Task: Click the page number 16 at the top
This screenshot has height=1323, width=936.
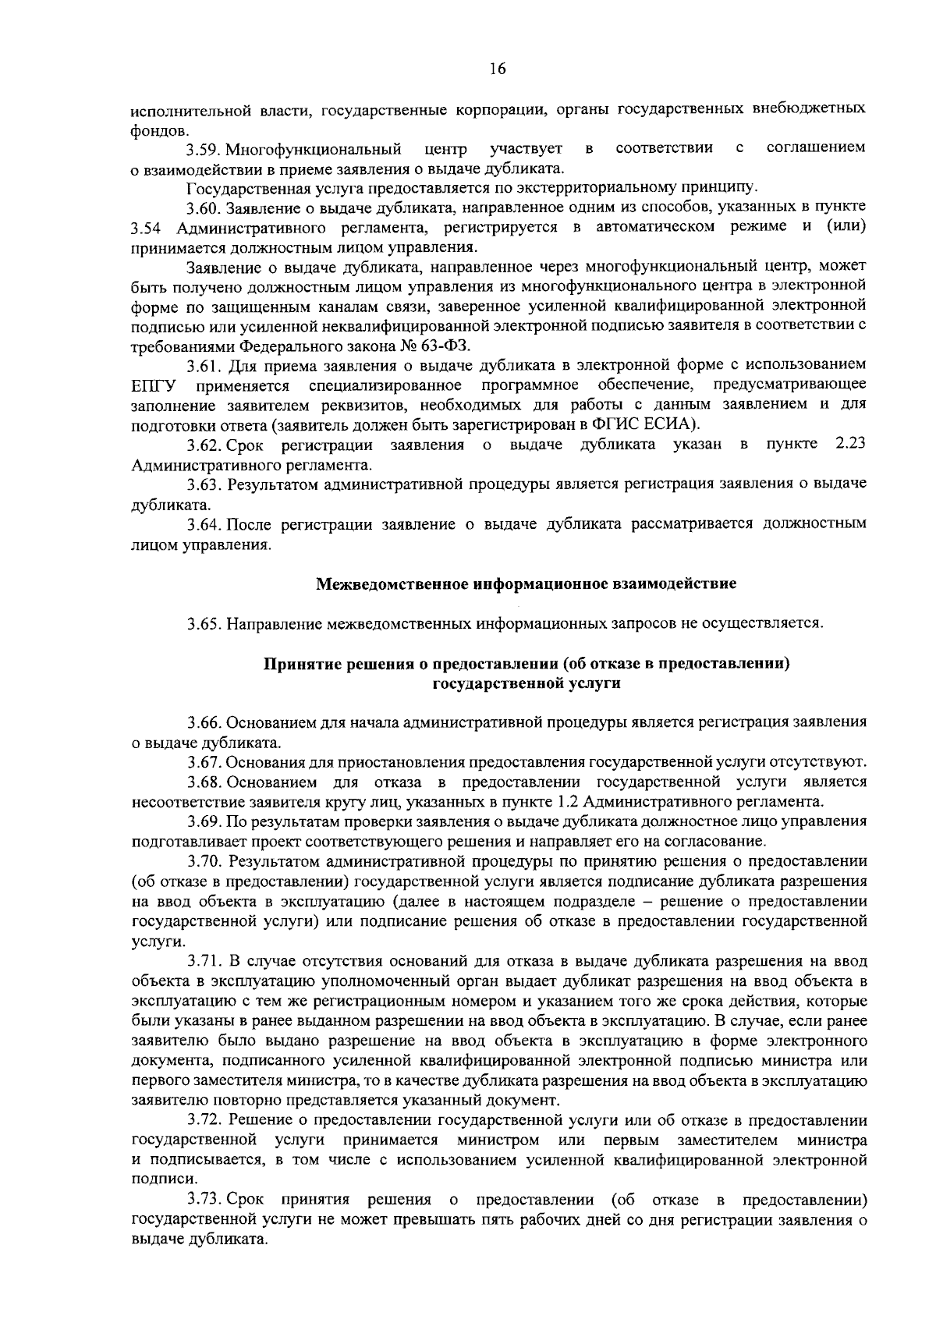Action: [498, 69]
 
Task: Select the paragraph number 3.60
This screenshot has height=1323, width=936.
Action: [206, 208]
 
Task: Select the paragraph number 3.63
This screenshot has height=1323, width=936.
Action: [206, 484]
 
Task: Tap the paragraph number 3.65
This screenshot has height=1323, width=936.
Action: [206, 623]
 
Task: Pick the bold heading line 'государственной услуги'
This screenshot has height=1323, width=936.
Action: [526, 684]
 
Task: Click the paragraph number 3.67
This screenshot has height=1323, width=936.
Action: [206, 761]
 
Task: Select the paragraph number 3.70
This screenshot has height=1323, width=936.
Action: [206, 861]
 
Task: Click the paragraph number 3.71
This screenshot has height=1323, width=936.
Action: [206, 961]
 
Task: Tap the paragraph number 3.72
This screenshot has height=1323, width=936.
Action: [206, 1121]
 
